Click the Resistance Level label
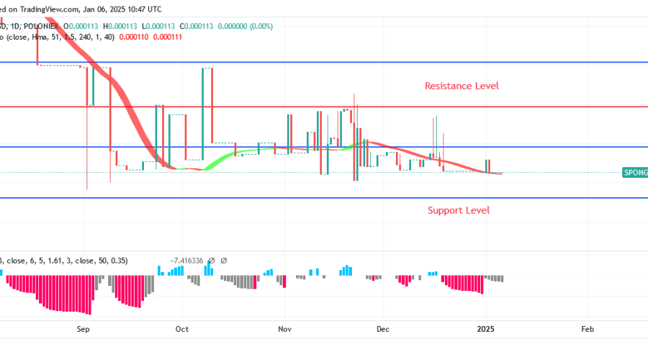[x=462, y=86]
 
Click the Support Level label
[x=459, y=210]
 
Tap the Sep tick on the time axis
[x=84, y=328]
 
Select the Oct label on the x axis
[x=181, y=328]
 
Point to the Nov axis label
[x=285, y=328]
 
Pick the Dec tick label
[x=382, y=328]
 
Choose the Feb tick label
[x=587, y=328]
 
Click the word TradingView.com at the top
[x=47, y=9]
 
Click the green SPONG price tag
[x=636, y=172]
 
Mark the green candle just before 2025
[x=488, y=166]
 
